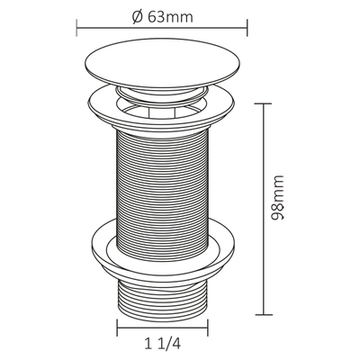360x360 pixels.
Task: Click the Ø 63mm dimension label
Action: (x=163, y=17)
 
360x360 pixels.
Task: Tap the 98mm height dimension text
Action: (x=277, y=198)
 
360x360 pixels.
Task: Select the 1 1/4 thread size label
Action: (x=163, y=344)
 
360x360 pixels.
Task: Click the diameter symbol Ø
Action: (x=137, y=17)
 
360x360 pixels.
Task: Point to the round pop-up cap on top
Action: (x=162, y=63)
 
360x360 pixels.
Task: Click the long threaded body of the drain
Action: (x=162, y=195)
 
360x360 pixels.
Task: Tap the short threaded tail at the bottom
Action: (x=162, y=299)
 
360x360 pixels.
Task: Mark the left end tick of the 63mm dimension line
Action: (x=76, y=28)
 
